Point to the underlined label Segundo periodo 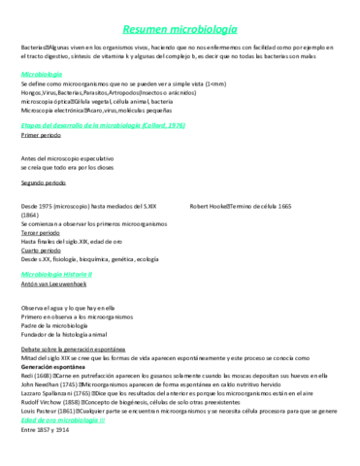(x=43, y=183)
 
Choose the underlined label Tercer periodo (x=40, y=231)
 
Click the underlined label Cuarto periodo (x=40, y=250)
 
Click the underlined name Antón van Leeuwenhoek (x=55, y=284)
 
